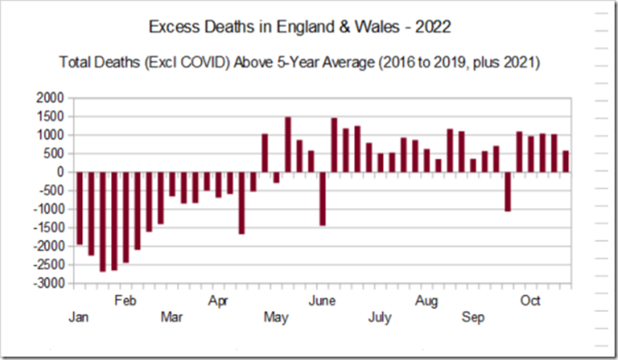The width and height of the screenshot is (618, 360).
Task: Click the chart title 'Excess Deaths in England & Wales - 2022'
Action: (299, 28)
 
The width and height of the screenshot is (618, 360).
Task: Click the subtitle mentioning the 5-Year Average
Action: (299, 62)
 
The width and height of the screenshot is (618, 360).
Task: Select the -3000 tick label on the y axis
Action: (49, 284)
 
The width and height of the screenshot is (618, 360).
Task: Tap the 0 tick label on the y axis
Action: (60, 172)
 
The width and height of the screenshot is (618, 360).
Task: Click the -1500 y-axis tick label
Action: (49, 228)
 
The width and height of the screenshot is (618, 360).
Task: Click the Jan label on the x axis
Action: (79, 318)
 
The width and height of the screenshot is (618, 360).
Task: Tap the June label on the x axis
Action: (322, 301)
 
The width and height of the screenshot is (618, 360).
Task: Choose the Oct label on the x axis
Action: (530, 301)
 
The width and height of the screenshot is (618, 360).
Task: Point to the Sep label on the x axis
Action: (473, 318)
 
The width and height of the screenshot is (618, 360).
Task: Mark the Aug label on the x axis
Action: (427, 301)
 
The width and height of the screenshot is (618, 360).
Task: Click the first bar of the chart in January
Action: (80, 208)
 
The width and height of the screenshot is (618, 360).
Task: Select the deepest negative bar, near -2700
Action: (103, 222)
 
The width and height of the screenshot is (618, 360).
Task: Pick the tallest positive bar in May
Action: (288, 145)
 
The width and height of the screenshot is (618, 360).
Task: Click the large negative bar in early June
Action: (323, 198)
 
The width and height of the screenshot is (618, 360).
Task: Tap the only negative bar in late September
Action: (508, 192)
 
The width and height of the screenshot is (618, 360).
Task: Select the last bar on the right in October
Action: (565, 162)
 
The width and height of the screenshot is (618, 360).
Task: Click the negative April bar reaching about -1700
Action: (242, 203)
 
